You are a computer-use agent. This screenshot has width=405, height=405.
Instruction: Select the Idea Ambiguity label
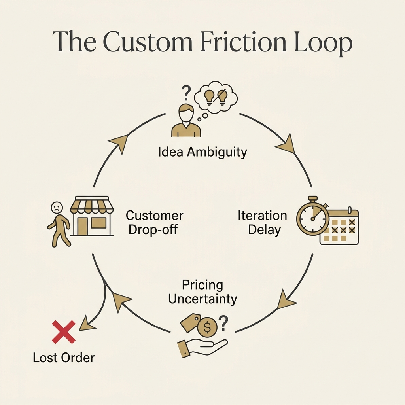[x=202, y=151]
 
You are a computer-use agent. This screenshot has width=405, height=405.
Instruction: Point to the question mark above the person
[x=184, y=94]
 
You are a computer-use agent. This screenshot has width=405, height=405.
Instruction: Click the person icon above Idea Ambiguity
[x=186, y=121]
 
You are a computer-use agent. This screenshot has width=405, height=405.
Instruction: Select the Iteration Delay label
[x=262, y=222]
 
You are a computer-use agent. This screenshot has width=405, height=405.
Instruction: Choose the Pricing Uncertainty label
[x=202, y=291]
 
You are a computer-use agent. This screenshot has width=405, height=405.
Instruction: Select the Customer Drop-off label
[x=154, y=222]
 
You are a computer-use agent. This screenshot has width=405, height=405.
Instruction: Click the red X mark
[x=63, y=332]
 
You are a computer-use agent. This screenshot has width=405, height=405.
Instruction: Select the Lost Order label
[x=64, y=358]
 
